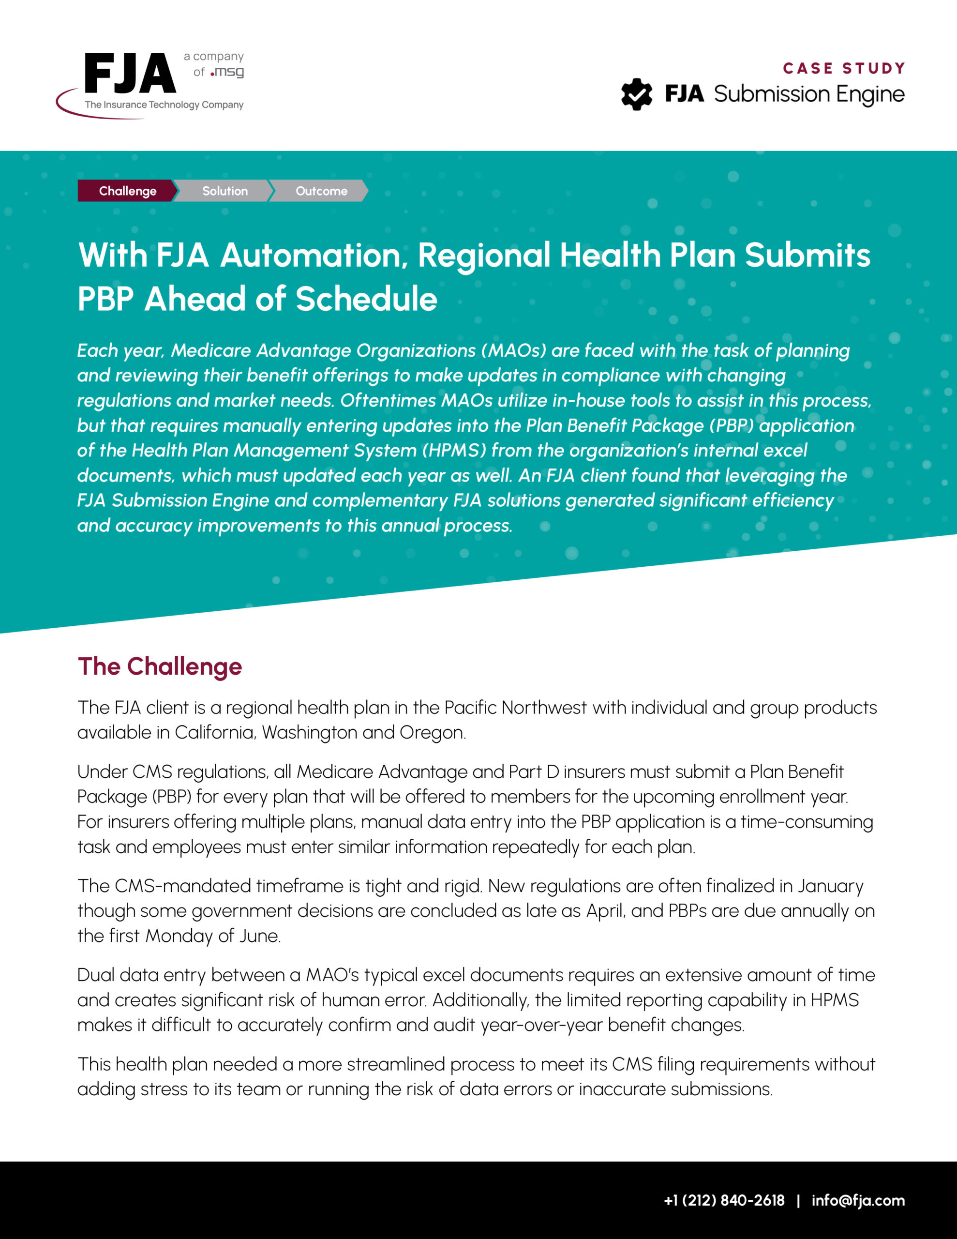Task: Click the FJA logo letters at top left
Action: pos(130,74)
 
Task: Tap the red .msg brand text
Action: pos(227,72)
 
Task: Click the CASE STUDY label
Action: pos(844,68)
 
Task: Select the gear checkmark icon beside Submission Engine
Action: pos(637,94)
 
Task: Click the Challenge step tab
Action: pos(128,191)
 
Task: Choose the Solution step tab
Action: pos(224,191)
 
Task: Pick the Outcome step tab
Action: pos(321,191)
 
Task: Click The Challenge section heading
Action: pos(160,666)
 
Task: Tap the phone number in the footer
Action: pos(724,1200)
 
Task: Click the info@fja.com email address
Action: pos(858,1200)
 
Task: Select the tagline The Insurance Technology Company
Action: pos(164,105)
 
